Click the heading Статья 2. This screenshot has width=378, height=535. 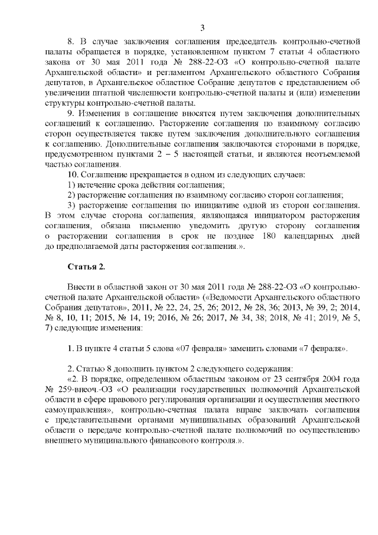(87, 267)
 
